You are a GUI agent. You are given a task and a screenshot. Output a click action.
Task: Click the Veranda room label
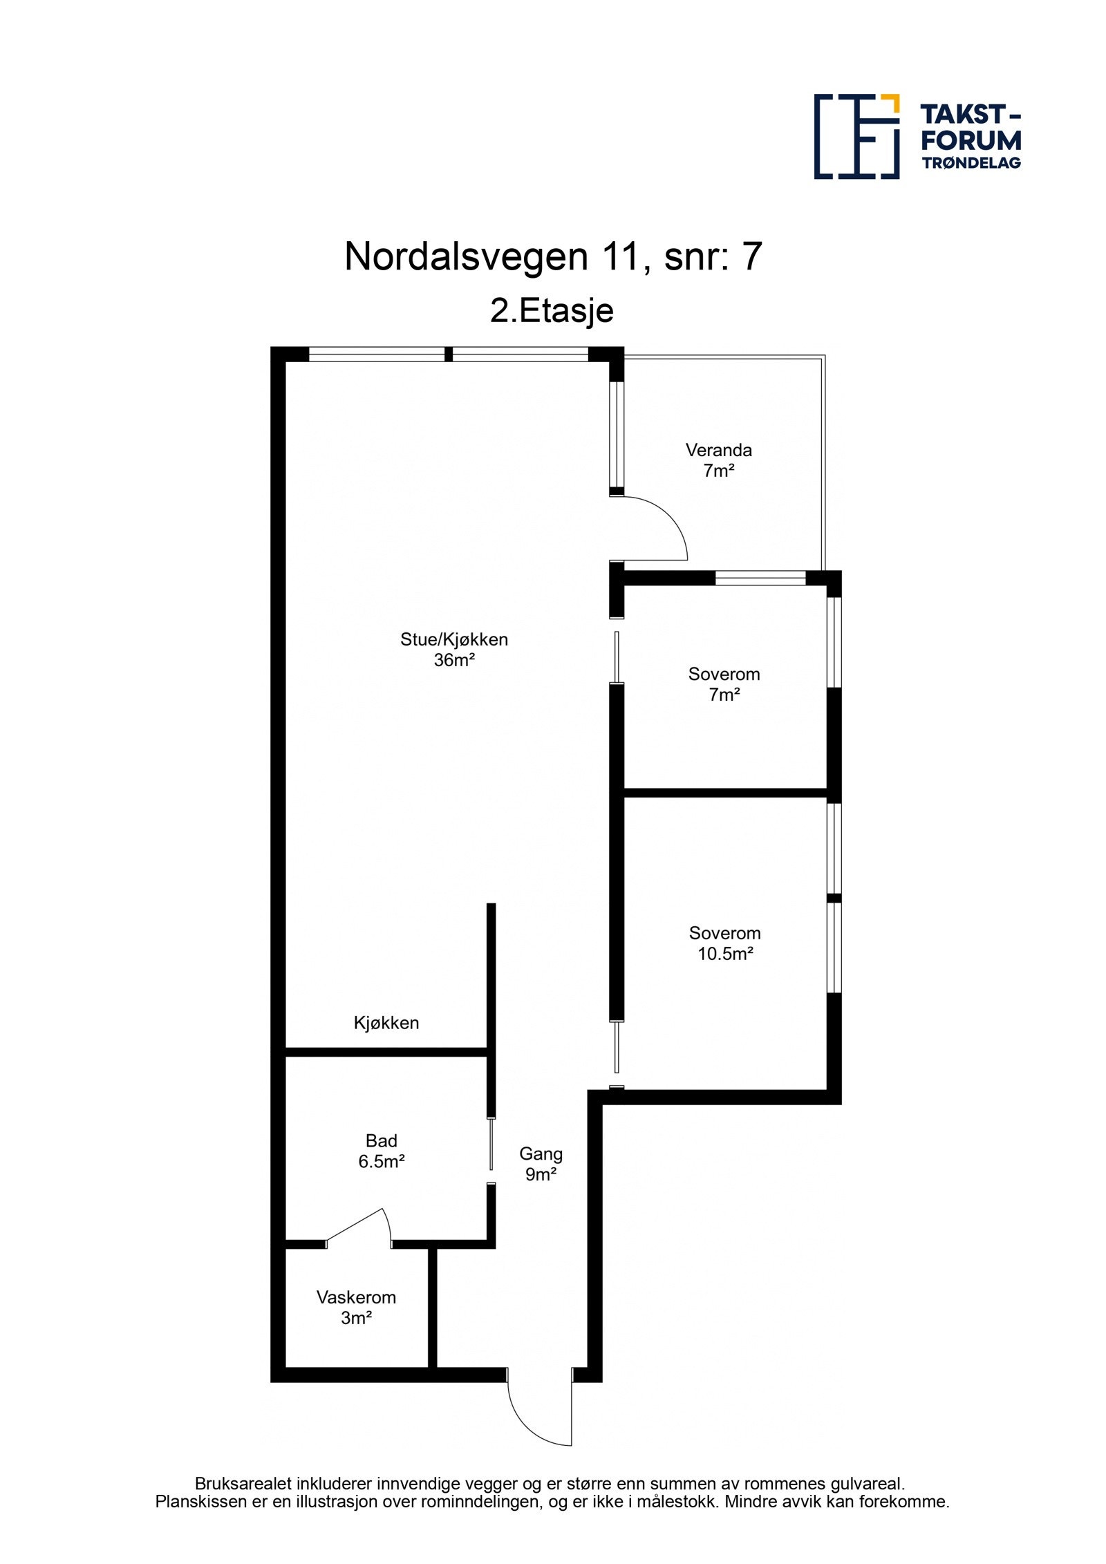718,450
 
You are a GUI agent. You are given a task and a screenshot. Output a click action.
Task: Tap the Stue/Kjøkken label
453,639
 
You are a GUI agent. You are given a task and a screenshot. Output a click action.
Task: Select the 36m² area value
453,660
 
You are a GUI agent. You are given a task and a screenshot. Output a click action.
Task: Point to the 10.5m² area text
724,954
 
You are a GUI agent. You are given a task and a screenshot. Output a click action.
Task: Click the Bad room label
381,1140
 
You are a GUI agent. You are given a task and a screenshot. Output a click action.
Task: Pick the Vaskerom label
356,1297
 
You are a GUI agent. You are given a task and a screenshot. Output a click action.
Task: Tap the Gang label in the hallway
541,1153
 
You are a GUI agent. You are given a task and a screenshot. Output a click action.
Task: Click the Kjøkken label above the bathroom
386,1023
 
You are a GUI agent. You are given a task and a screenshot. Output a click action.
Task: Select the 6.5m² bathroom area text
381,1161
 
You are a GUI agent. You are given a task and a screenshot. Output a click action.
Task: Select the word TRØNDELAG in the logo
971,163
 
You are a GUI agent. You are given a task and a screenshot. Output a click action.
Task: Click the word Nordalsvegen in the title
466,257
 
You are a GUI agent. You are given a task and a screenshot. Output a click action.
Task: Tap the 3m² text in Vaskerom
356,1318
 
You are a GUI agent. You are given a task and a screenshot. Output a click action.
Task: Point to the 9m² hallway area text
541,1174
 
